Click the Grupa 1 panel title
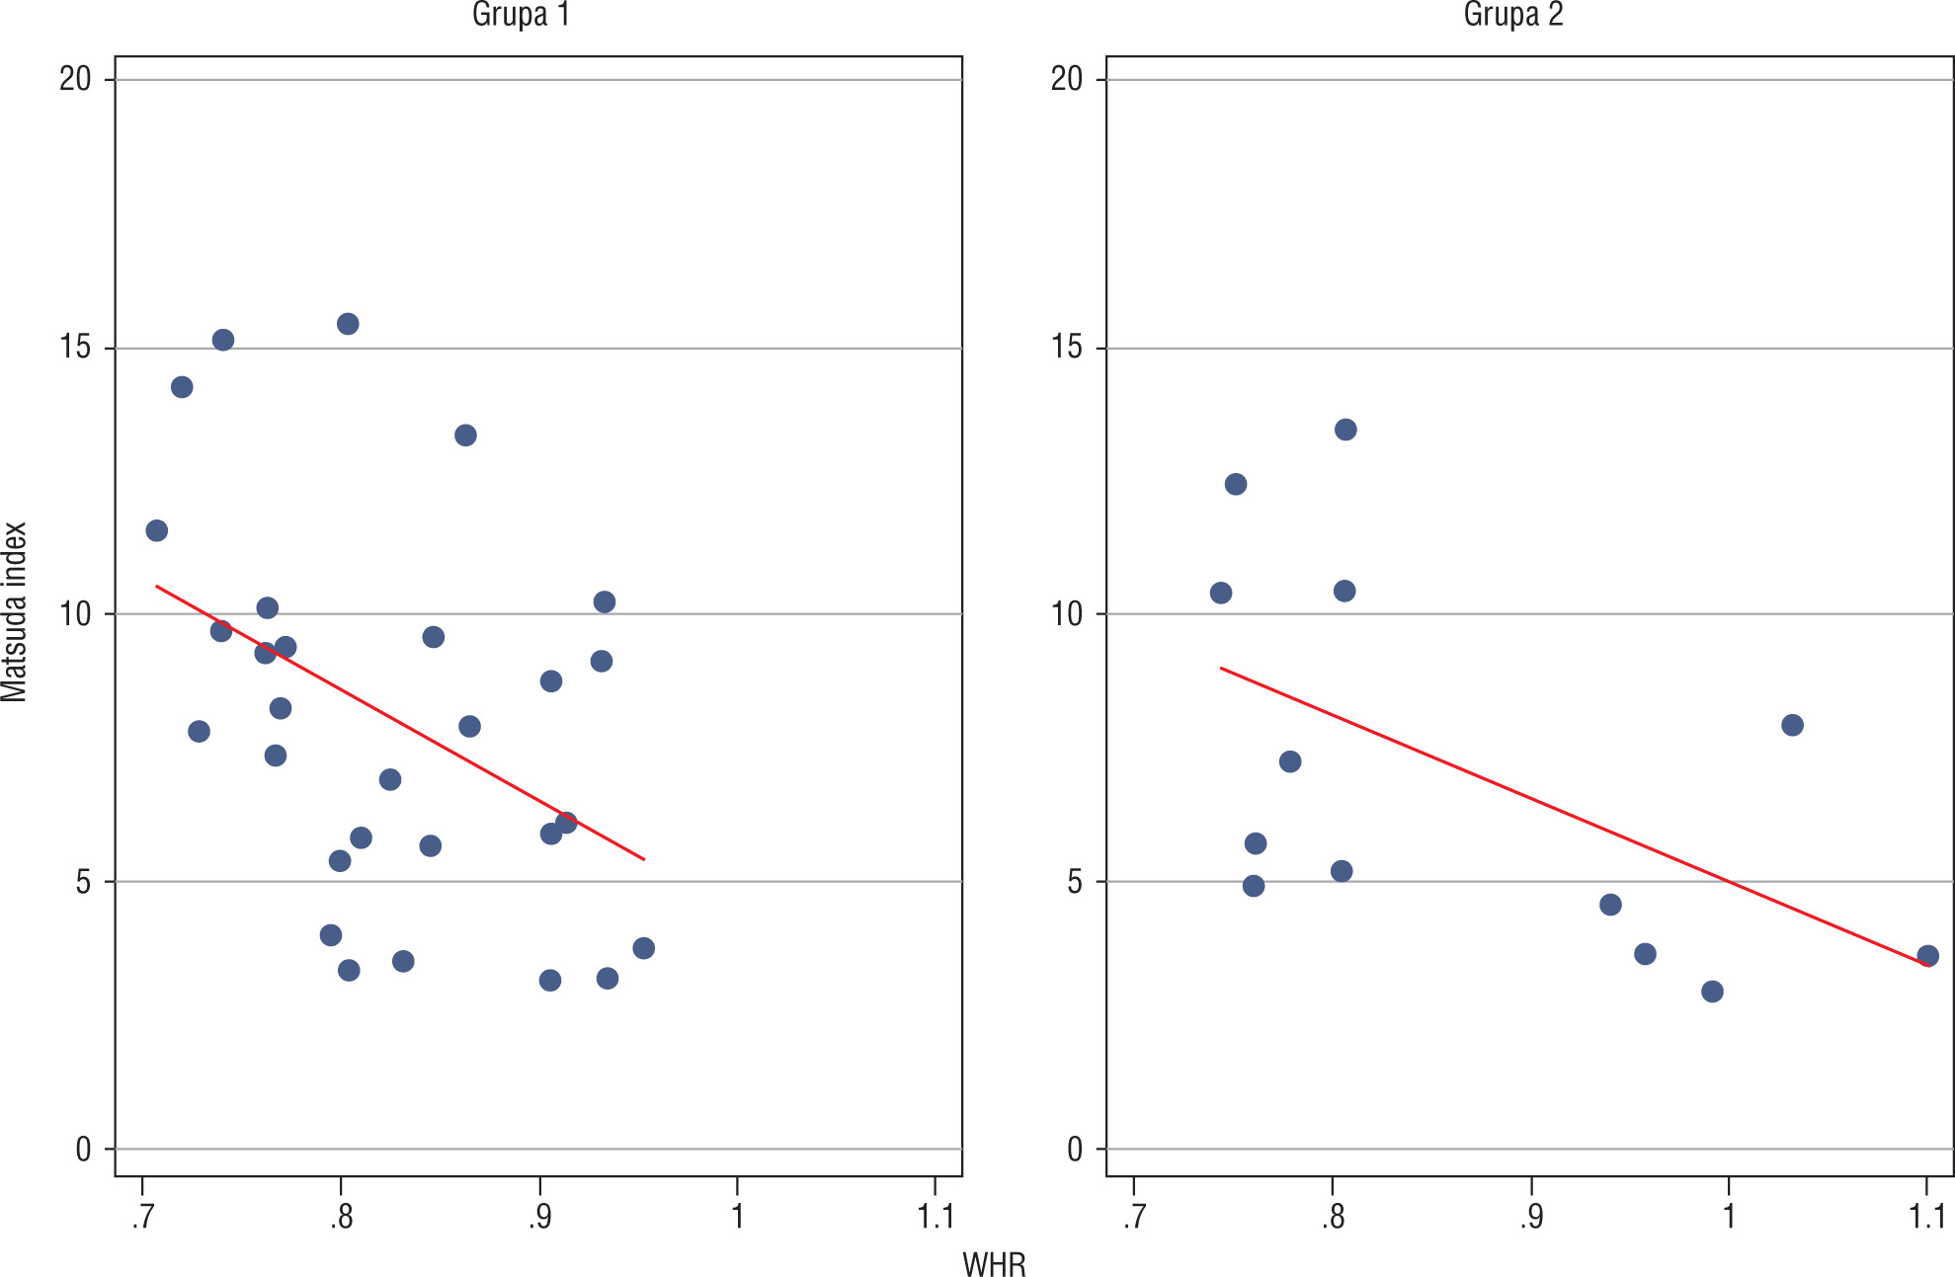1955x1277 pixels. (521, 15)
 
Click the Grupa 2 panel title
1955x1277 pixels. (1513, 15)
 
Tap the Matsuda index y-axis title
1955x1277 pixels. (15, 612)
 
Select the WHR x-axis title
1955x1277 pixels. (994, 1264)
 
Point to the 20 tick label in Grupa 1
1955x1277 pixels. (75, 79)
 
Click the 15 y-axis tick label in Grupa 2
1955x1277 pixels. (1067, 348)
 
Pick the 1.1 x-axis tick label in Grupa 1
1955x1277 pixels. (935, 1217)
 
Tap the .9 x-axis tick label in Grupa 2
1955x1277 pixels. (1530, 1217)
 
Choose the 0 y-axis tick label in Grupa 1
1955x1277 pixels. (83, 1149)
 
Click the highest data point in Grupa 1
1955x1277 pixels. (348, 324)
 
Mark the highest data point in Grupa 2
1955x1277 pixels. (1345, 430)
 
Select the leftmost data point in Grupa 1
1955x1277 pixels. (157, 530)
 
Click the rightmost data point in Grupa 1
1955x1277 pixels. (643, 948)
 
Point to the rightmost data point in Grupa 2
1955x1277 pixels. (1927, 956)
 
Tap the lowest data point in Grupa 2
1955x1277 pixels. (1712, 992)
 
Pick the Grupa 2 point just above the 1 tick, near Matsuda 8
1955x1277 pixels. (1792, 725)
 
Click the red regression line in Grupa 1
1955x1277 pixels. (400, 723)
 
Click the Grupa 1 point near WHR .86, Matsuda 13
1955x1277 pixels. (465, 436)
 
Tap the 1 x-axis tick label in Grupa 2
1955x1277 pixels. (1729, 1217)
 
